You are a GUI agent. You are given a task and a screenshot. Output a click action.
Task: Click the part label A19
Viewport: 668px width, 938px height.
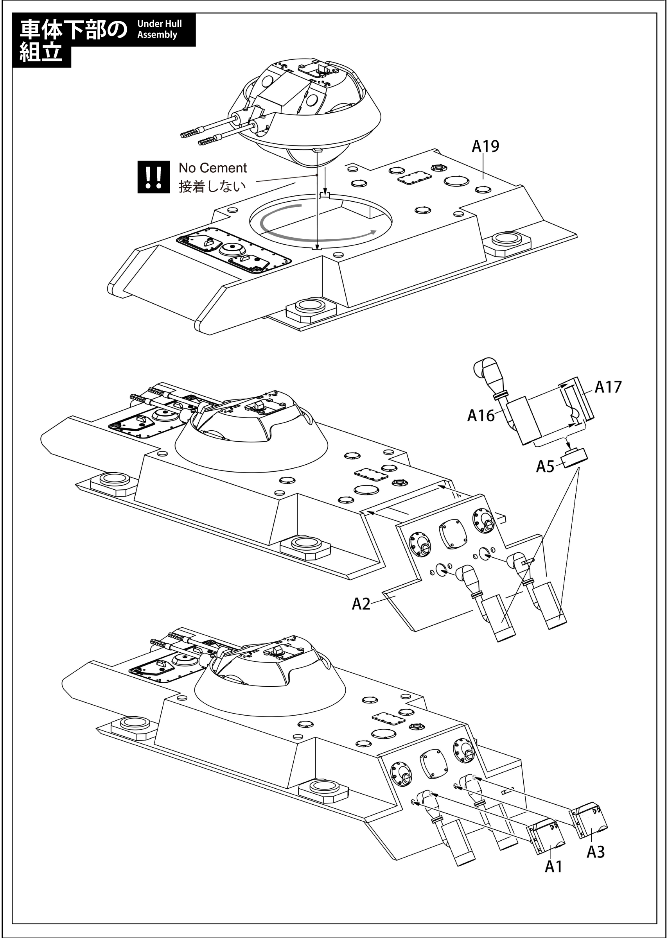(x=485, y=146)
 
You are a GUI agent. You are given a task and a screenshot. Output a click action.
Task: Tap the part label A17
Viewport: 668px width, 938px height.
(x=607, y=387)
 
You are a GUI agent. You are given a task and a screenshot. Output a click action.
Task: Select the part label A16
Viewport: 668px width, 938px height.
(x=480, y=415)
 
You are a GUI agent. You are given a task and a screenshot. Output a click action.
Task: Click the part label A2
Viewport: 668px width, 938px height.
(x=361, y=603)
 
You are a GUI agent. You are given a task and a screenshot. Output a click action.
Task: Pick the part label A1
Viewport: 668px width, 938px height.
(x=553, y=866)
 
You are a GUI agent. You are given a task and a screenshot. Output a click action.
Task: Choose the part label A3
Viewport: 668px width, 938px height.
(x=595, y=852)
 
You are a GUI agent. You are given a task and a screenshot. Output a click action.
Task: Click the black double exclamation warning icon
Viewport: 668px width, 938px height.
(x=153, y=177)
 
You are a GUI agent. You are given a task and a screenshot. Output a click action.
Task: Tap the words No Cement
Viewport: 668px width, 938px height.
(x=212, y=168)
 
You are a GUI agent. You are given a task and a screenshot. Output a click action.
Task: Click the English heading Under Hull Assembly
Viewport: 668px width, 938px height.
(x=159, y=29)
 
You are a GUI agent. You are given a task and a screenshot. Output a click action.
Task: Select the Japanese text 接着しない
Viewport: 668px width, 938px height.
(x=212, y=186)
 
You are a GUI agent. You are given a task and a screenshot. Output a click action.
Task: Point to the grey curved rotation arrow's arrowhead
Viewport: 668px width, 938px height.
(x=373, y=232)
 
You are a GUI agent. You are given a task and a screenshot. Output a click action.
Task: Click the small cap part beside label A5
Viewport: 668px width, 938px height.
(x=575, y=458)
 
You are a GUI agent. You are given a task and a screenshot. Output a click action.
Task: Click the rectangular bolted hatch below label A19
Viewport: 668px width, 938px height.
(x=414, y=177)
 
